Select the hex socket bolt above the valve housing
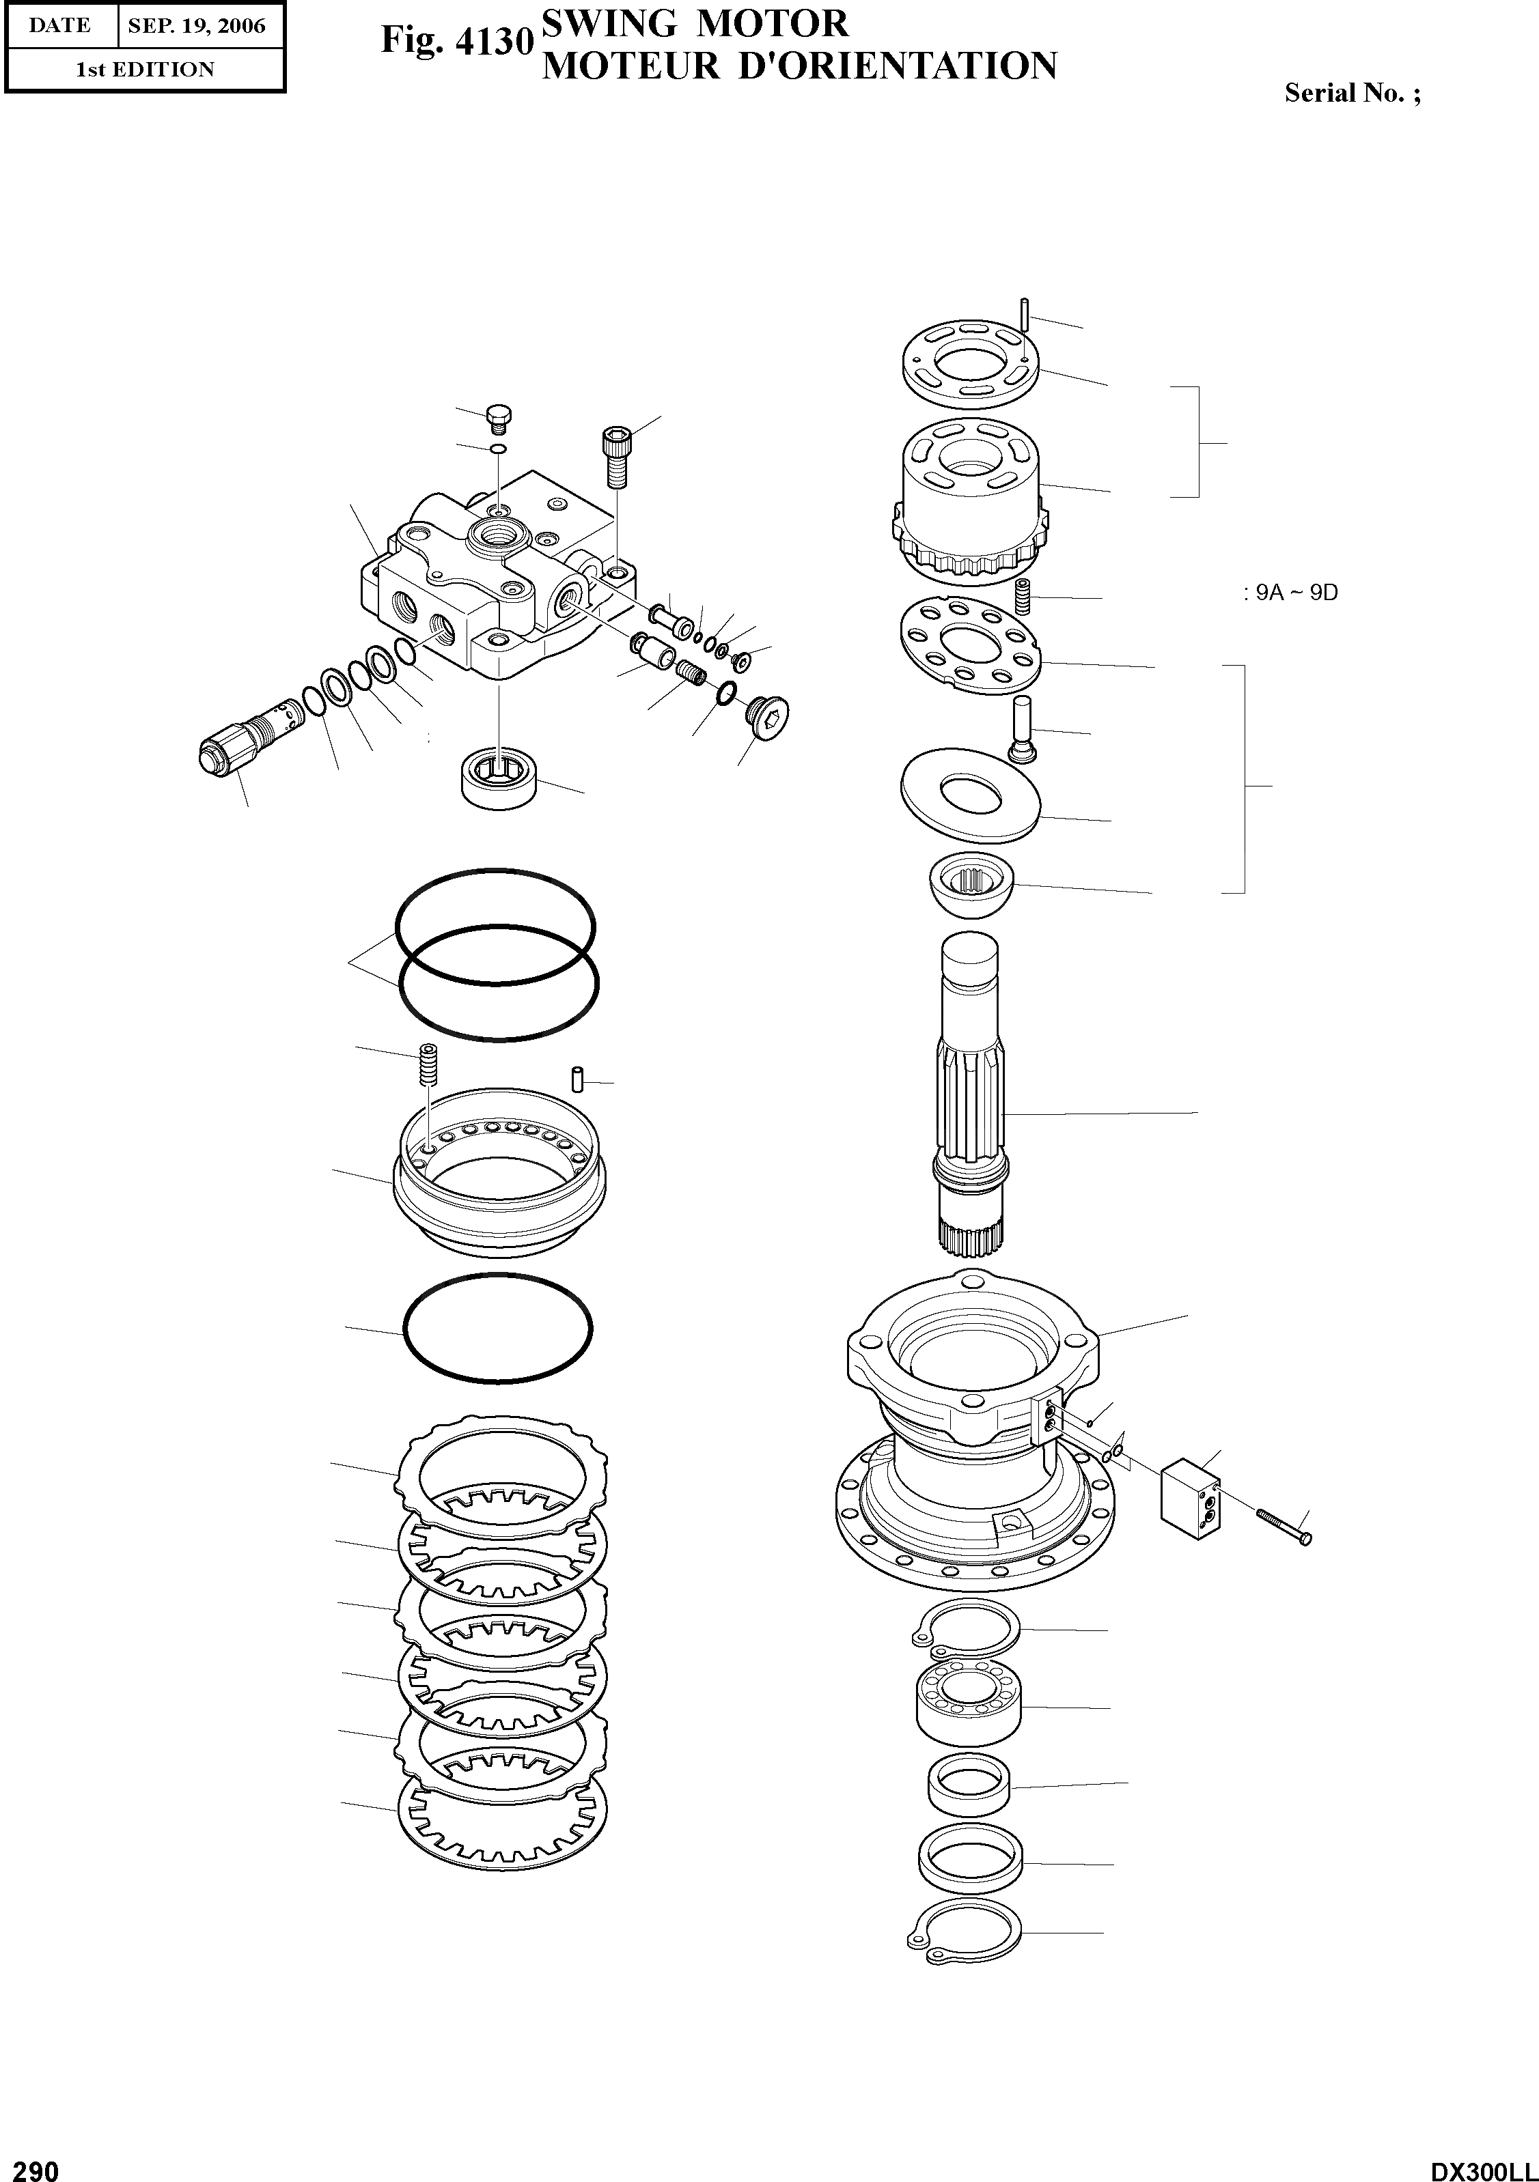pos(616,457)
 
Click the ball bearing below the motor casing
pos(968,1705)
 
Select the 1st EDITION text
pos(145,70)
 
